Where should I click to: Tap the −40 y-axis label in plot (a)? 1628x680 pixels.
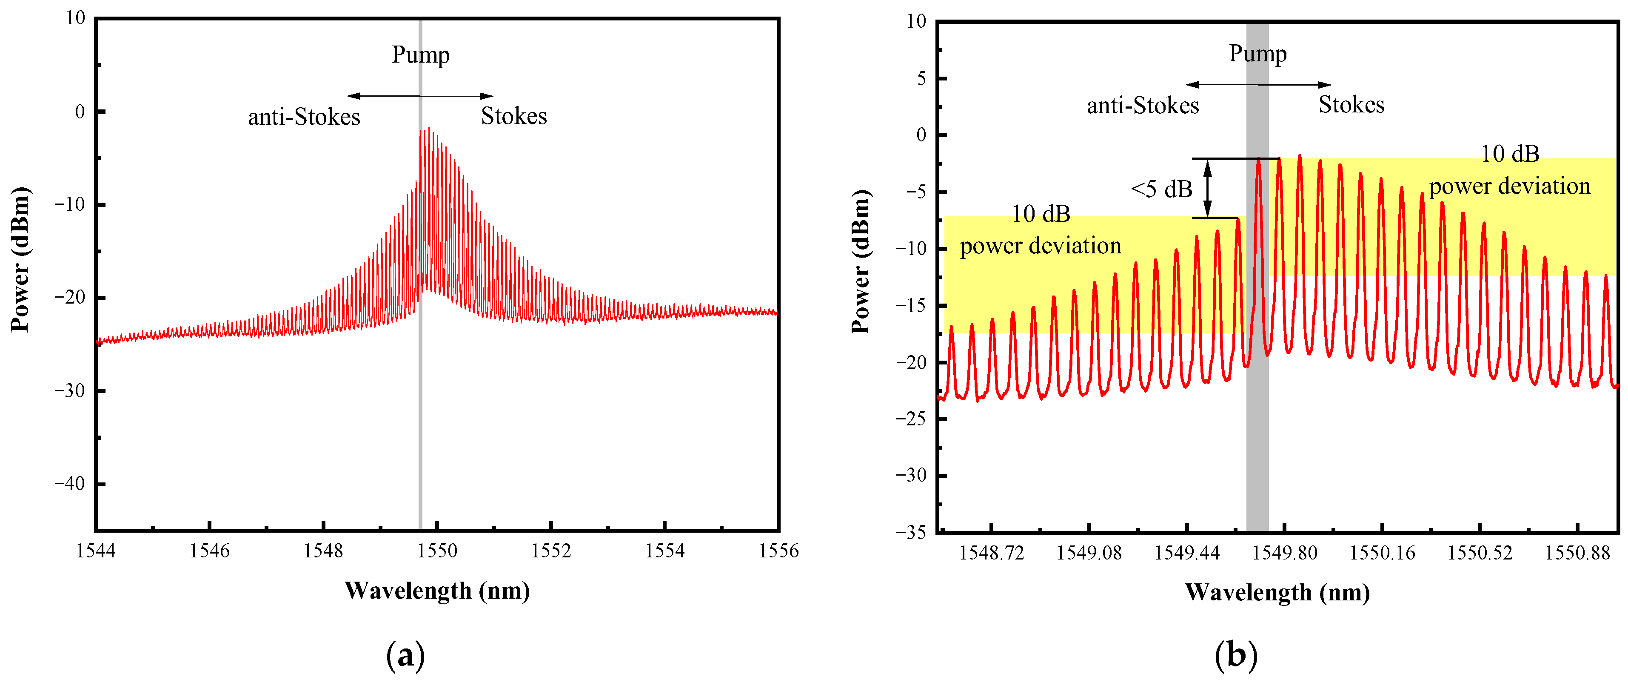tap(69, 484)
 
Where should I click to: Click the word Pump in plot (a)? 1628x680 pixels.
tap(420, 55)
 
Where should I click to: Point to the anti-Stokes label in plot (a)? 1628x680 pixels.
tap(304, 117)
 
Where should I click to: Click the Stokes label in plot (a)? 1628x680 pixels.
tap(514, 116)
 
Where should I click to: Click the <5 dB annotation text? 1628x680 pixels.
tap(1161, 189)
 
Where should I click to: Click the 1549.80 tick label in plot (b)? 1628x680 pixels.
tap(1284, 553)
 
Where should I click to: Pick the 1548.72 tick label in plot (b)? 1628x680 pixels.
tap(991, 553)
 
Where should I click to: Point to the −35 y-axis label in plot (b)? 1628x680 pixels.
tap(910, 532)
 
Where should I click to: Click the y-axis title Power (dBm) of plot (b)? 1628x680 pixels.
tap(860, 261)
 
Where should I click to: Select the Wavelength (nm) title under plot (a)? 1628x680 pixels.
tap(437, 591)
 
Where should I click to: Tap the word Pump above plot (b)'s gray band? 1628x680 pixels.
tap(1257, 54)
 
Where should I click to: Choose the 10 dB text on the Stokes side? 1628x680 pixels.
tap(1510, 154)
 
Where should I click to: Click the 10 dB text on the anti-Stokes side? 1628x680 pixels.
tap(1041, 215)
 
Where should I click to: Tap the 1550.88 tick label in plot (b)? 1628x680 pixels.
tap(1577, 553)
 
